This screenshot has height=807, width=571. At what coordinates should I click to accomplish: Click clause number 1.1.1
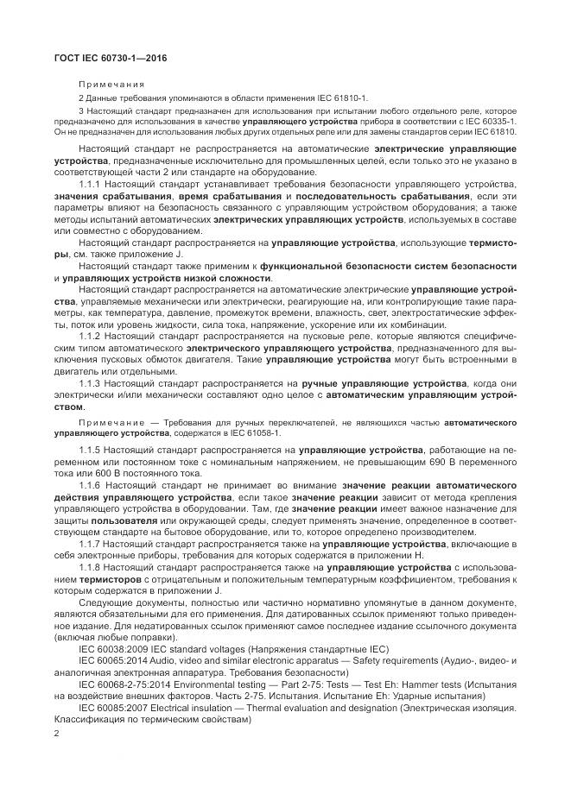pos(92,185)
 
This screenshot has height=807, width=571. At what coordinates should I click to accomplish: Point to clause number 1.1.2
pos(92,335)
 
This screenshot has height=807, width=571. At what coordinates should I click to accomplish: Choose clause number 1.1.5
pos(92,451)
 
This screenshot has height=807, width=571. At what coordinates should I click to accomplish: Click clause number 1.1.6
pos(92,486)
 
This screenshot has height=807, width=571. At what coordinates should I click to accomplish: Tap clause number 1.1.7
pos(92,544)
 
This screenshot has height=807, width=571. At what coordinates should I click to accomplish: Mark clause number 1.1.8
pos(92,567)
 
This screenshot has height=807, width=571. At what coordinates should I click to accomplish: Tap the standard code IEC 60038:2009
pos(117,648)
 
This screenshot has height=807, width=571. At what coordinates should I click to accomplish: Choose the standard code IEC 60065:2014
pos(117,659)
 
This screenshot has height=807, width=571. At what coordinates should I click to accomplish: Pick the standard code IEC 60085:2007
pos(117,707)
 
